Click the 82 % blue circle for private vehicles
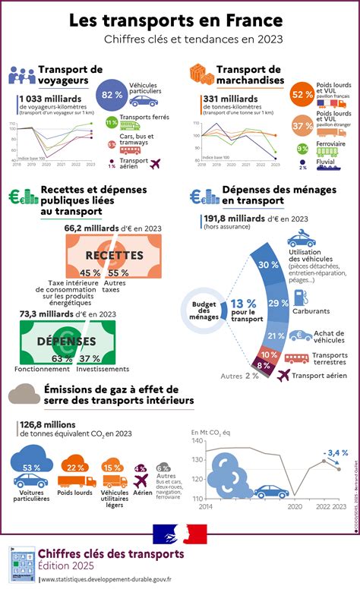112,94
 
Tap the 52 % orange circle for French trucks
302,94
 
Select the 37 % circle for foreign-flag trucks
302,124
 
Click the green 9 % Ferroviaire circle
302,149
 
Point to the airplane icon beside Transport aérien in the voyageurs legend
157,163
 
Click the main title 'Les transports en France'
179,20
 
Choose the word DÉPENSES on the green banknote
66,341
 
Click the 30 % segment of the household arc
264,265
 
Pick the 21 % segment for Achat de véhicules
276,335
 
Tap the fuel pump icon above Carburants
298,293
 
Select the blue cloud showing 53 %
31,468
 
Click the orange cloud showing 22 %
76,468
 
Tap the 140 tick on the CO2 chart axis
197,440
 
